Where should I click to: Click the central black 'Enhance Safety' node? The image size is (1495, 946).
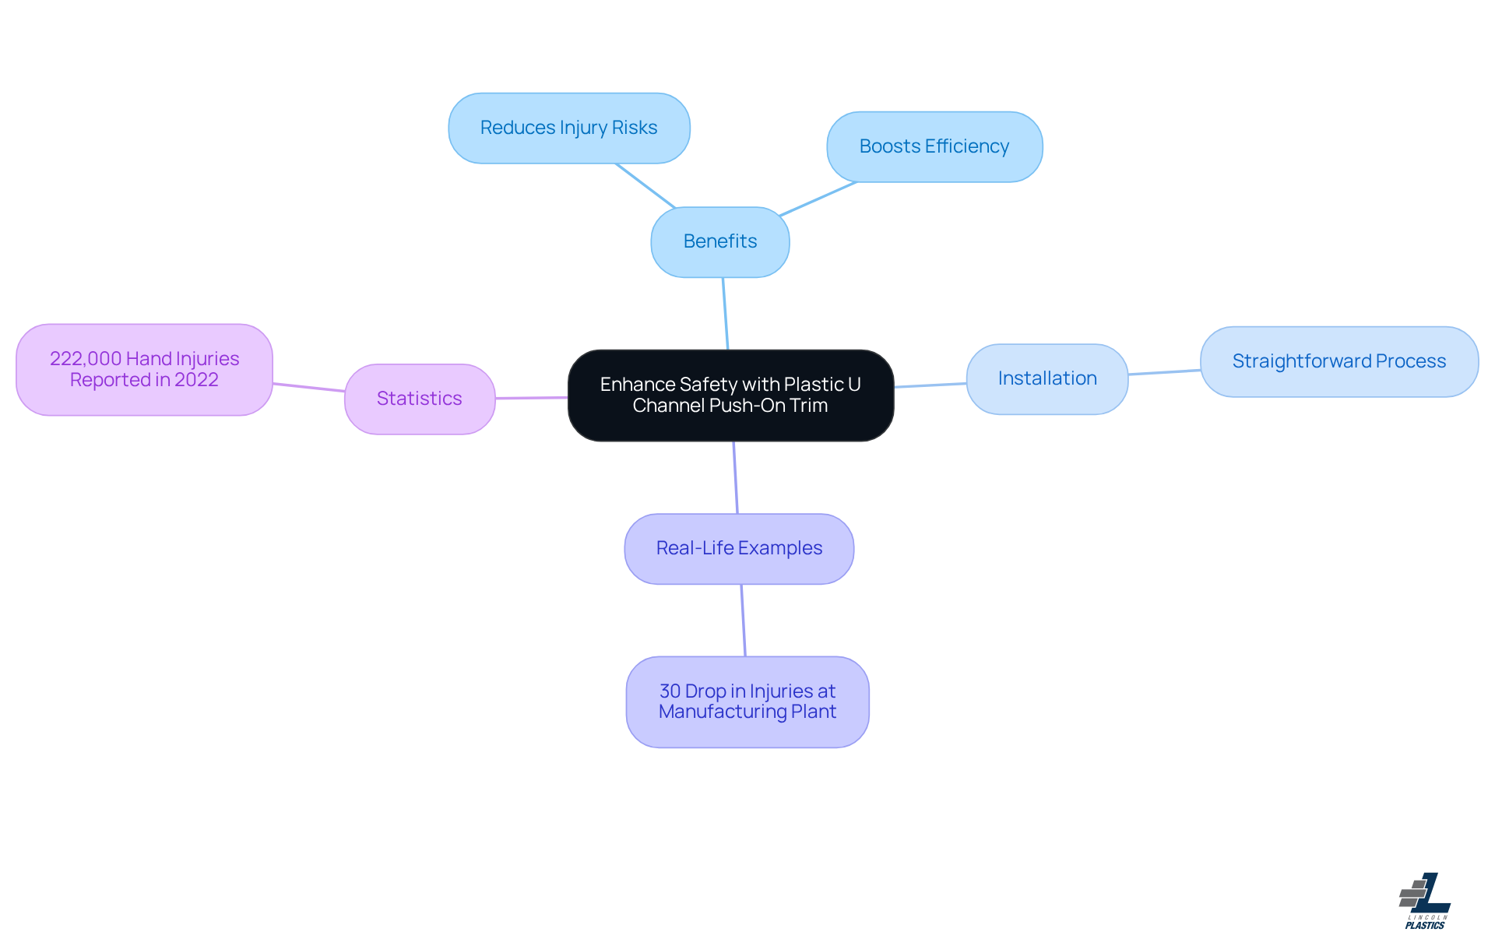[x=730, y=396]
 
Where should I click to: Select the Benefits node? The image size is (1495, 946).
[x=720, y=242]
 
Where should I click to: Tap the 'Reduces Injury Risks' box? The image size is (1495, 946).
[x=569, y=128]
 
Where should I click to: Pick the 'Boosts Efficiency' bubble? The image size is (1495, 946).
[x=934, y=147]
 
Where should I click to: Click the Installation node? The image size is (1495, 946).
[x=1047, y=379]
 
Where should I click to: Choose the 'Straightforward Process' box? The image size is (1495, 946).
[x=1339, y=362]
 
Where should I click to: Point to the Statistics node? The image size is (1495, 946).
[x=420, y=399]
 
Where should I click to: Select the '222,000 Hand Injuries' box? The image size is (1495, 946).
[x=144, y=370]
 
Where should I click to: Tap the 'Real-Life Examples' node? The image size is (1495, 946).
[x=739, y=549]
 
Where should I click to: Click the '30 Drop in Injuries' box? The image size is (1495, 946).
[x=747, y=702]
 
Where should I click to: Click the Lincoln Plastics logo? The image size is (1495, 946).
[x=1425, y=901]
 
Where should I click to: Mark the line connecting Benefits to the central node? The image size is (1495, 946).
[x=726, y=314]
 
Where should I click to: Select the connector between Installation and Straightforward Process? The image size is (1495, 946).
[x=1164, y=372]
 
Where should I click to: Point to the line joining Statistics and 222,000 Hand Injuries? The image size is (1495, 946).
[x=308, y=388]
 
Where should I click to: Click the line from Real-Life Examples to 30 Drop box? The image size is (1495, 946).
[x=744, y=621]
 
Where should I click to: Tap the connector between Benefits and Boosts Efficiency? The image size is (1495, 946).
[x=818, y=199]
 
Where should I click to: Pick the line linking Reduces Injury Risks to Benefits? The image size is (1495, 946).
[x=645, y=186]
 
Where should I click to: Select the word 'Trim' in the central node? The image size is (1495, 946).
[x=809, y=406]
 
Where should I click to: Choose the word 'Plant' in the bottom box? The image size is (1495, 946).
[x=814, y=712]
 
